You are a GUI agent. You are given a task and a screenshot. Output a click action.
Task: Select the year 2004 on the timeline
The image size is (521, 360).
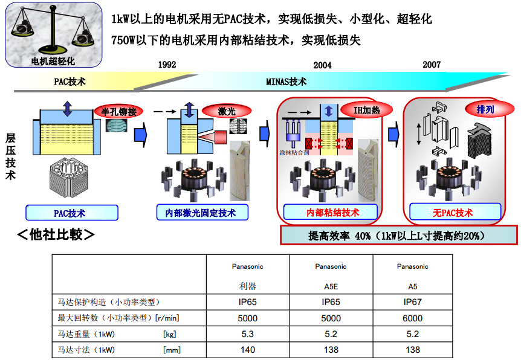322,65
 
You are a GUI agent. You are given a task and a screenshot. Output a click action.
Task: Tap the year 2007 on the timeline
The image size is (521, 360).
432,65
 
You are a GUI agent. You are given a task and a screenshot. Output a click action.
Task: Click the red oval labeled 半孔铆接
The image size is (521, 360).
119,112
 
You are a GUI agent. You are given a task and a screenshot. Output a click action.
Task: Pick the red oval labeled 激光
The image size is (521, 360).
227,111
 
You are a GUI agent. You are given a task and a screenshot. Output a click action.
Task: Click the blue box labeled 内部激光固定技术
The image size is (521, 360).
204,213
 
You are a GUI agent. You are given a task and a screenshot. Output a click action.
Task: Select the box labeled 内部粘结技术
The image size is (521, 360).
332,213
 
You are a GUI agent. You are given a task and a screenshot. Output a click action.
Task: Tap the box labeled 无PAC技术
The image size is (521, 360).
453,213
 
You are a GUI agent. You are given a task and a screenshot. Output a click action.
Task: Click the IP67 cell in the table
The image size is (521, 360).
413,302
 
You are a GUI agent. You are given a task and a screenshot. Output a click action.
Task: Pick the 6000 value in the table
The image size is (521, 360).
413,318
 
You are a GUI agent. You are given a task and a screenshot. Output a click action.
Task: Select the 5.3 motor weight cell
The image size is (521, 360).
248,333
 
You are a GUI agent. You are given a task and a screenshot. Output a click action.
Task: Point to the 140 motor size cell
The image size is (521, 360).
248,349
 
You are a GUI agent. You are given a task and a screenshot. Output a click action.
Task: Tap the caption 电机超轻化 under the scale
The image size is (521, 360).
53,61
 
